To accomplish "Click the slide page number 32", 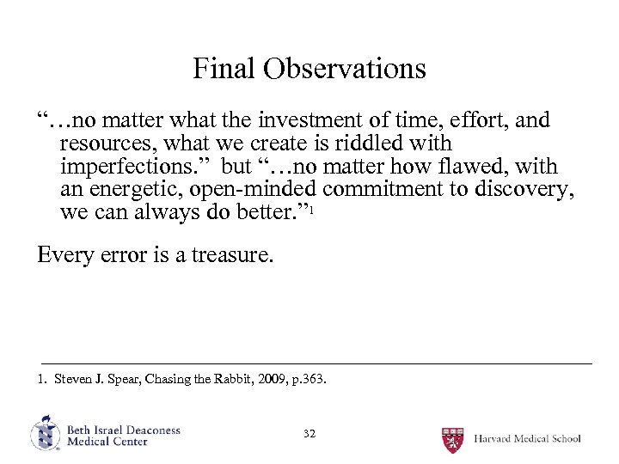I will point(309,434).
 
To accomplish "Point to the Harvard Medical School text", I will point(527,438).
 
